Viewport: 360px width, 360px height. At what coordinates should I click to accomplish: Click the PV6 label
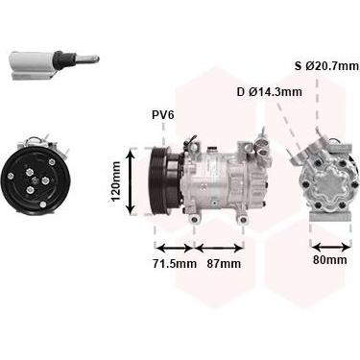coord(163,115)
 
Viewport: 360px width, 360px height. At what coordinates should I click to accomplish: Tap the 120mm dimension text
coord(115,181)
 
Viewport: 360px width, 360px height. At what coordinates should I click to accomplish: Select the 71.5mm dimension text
coord(174,264)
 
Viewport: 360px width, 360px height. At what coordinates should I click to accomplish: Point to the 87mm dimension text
coord(224,264)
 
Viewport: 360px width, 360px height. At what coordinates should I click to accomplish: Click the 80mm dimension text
coord(329,260)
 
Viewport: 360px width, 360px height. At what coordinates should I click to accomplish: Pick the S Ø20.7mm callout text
coord(326,66)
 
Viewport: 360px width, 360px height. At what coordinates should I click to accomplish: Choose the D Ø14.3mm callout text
coord(270,92)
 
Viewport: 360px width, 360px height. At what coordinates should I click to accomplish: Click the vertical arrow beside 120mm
coord(131,182)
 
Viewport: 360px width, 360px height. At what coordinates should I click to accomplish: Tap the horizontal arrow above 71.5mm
coord(174,248)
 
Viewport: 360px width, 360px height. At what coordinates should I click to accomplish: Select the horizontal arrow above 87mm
coord(219,248)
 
